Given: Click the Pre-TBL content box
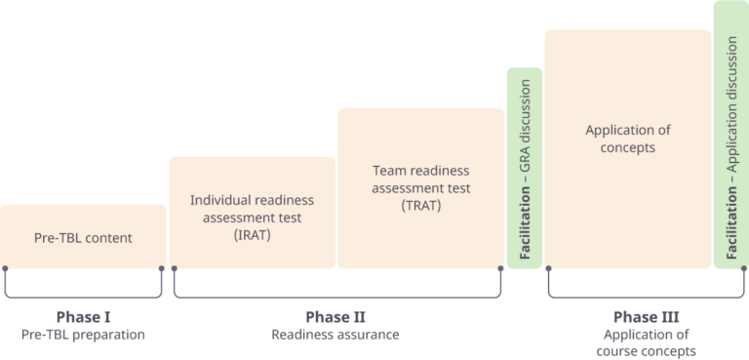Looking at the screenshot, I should (x=83, y=237).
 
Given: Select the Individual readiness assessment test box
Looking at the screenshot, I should (x=252, y=213).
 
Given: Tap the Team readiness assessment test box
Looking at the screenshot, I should (x=420, y=187).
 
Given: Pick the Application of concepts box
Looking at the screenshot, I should (x=627, y=146).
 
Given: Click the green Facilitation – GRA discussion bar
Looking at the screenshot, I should (x=525, y=168).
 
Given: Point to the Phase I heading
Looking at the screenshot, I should (x=83, y=316).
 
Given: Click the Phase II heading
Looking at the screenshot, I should (x=335, y=316).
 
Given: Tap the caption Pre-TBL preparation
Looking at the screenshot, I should (x=83, y=335).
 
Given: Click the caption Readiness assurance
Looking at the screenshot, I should (x=335, y=335).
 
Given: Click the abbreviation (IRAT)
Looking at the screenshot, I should (x=252, y=235).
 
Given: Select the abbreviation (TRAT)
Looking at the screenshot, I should (x=420, y=206).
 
